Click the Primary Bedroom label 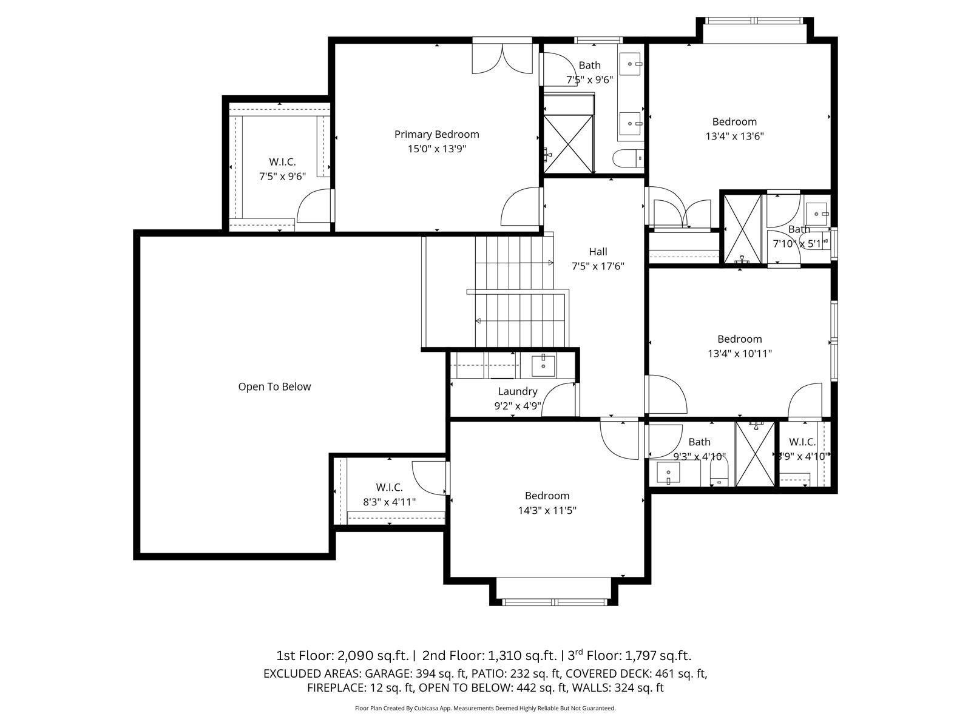pyautogui.click(x=436, y=134)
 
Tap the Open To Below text pyautogui.click(x=274, y=386)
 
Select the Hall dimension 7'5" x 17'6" pyautogui.click(x=598, y=266)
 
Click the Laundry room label pyautogui.click(x=518, y=391)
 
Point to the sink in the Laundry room pyautogui.click(x=543, y=365)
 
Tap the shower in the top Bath pyautogui.click(x=568, y=144)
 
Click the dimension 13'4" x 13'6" pyautogui.click(x=734, y=136)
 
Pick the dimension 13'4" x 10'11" pyautogui.click(x=739, y=354)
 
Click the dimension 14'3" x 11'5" pyautogui.click(x=547, y=511)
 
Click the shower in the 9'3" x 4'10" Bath pyautogui.click(x=756, y=454)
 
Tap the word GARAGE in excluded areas pyautogui.click(x=388, y=673)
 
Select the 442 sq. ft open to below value pyautogui.click(x=541, y=688)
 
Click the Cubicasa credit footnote pyautogui.click(x=485, y=708)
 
